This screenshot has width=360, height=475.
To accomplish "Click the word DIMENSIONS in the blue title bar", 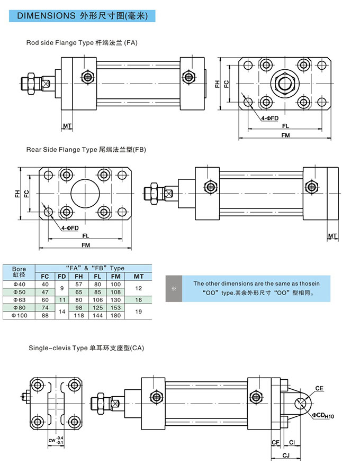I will point(47,16).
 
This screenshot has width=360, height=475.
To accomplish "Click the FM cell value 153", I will point(116,307).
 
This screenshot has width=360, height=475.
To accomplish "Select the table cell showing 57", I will point(79,284).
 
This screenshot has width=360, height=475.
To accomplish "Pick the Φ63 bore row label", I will point(19,299).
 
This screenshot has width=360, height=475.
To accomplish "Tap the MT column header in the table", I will point(138,276).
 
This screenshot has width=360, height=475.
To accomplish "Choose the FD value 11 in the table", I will point(62,299).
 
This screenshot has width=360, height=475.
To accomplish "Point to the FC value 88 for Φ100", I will point(45,315).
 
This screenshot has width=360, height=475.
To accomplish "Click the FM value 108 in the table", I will point(116,292).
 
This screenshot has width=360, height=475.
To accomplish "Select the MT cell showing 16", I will point(138,299).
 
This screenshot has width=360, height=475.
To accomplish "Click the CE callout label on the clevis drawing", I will point(319,388).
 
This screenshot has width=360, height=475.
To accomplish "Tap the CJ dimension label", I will point(285,454).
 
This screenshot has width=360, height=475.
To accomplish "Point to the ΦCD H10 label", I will point(322,416).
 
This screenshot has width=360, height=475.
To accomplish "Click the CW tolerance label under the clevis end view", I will point(56,440).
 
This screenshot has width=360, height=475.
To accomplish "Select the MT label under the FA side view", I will point(67,126).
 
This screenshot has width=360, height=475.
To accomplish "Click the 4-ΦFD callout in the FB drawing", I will point(69,227).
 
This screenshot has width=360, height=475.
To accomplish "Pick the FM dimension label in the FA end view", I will point(285,135).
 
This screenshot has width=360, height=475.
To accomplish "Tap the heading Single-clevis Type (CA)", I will point(86,348).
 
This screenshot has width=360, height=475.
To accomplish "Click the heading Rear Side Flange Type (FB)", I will point(86,150).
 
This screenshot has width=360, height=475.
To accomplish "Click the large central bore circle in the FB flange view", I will point(86,193).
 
